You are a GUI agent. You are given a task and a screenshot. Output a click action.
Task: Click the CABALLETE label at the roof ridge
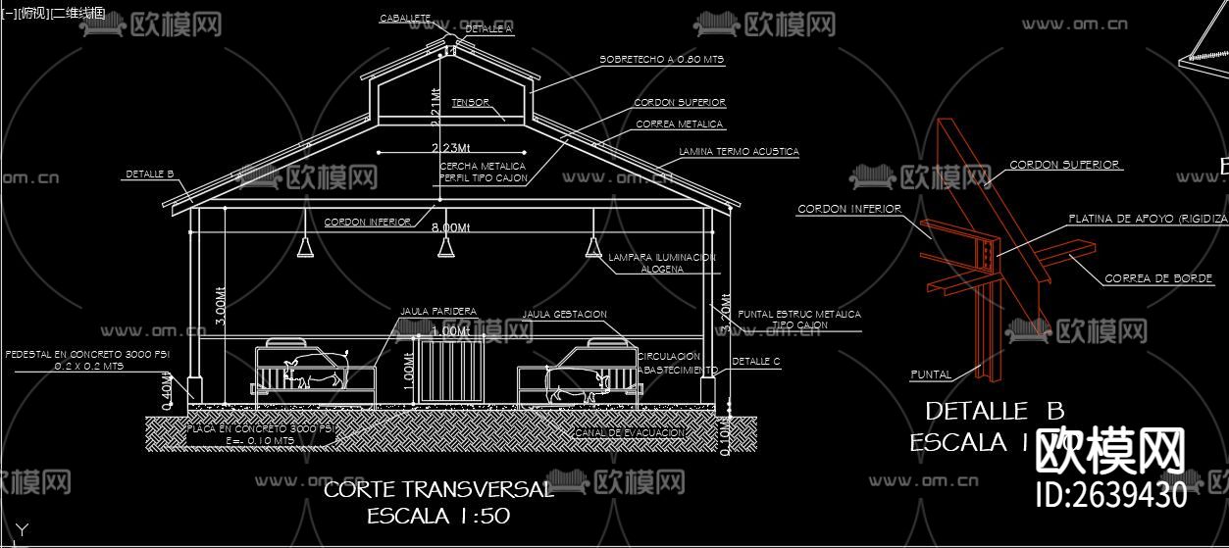click(405, 19)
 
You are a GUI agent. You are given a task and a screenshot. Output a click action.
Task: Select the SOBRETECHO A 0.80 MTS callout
click(661, 60)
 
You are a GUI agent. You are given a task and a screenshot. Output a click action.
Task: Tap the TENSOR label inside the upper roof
click(471, 102)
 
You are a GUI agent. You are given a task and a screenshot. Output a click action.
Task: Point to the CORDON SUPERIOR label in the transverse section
click(680, 102)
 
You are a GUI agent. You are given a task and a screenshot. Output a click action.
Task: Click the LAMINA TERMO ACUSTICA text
click(739, 152)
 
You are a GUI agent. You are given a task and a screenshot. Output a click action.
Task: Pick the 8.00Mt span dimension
click(451, 227)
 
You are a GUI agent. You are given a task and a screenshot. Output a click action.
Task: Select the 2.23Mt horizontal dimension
click(450, 148)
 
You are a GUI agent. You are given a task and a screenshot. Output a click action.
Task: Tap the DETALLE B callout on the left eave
click(149, 174)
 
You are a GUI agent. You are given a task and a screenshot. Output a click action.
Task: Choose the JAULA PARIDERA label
click(438, 312)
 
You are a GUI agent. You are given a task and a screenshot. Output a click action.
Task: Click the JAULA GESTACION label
click(564, 315)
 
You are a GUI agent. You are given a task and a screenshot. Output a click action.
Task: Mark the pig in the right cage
click(576, 381)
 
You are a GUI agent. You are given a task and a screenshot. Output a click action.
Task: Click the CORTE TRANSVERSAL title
click(438, 489)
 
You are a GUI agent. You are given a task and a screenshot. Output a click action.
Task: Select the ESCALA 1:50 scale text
click(438, 516)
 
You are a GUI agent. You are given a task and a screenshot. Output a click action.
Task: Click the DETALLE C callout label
click(755, 362)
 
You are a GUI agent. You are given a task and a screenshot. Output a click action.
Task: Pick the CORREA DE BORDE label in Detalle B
click(1158, 278)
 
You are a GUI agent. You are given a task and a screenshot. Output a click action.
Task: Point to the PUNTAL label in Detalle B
click(930, 374)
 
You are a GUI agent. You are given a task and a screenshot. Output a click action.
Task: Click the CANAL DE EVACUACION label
click(628, 432)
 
